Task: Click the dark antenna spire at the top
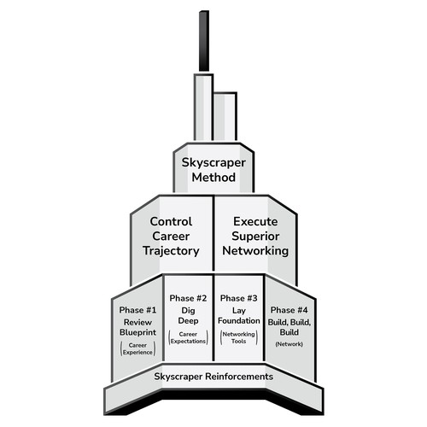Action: [204, 41]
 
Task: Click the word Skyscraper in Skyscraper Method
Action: [213, 163]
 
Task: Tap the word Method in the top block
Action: [213, 178]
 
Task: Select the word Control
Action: [171, 221]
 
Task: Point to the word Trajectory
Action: [171, 251]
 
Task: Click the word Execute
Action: [255, 221]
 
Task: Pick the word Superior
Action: [255, 237]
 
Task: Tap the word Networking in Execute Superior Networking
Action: [255, 251]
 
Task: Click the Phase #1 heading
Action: [137, 310]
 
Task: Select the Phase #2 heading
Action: [188, 298]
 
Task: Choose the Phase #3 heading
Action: [239, 298]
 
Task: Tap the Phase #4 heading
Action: [290, 310]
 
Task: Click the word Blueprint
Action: [137, 332]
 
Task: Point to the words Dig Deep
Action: [188, 316]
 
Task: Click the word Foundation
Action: [239, 321]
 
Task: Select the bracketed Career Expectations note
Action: [188, 337]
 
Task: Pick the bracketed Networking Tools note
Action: [239, 337]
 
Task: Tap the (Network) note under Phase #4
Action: [290, 344]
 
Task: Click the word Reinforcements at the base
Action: [239, 377]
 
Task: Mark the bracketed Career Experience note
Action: [137, 348]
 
